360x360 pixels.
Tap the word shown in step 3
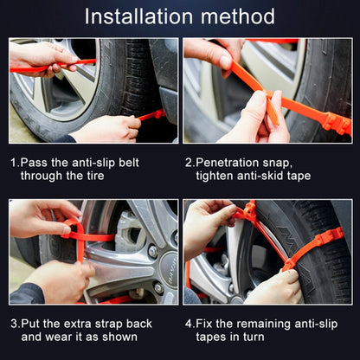tap(133, 337)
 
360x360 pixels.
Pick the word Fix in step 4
tap(206, 323)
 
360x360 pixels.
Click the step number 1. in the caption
tap(16, 162)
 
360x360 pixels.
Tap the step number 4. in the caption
tap(190, 323)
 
